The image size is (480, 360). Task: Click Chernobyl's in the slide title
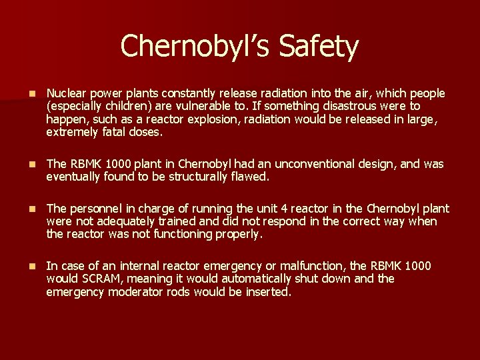[197, 47]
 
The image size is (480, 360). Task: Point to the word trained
[175, 221]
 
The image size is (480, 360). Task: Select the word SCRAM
[98, 279]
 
